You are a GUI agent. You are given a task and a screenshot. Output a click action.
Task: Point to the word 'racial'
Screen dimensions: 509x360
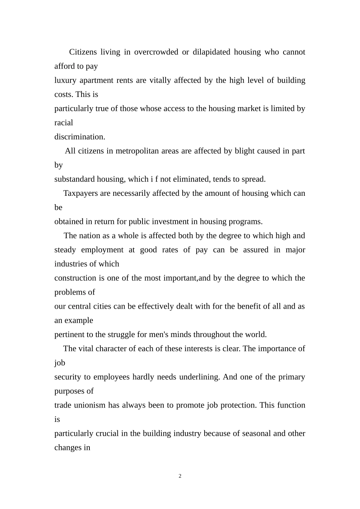(64, 123)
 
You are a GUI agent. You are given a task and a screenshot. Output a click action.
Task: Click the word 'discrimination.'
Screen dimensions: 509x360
(80, 137)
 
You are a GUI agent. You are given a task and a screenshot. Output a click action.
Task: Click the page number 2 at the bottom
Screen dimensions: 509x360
(180, 476)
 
